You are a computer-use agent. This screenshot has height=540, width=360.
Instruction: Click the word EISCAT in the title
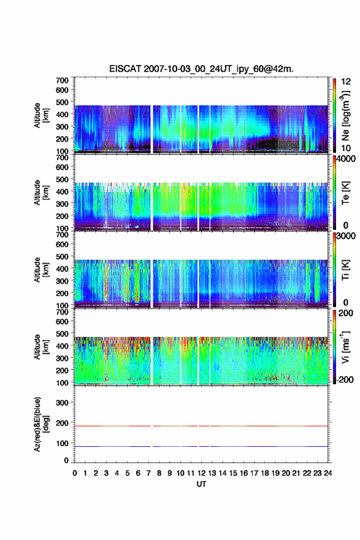click(125, 69)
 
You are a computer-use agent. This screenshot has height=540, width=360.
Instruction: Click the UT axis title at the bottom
click(201, 484)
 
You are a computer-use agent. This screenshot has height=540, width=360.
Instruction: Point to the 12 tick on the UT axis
click(201, 473)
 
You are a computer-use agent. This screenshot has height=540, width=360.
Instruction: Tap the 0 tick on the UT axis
click(75, 473)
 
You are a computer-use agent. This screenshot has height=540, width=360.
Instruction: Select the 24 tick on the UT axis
click(327, 473)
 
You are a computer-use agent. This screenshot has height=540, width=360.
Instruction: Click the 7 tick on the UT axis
click(148, 473)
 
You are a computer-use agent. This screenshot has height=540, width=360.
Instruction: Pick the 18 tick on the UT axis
click(265, 473)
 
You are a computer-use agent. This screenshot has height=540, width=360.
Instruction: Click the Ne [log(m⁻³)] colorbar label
click(345, 116)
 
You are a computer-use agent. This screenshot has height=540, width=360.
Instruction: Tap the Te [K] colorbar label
click(345, 193)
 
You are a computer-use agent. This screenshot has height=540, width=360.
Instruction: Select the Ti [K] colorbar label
click(345, 270)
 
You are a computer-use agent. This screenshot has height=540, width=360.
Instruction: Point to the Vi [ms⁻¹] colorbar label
click(345, 347)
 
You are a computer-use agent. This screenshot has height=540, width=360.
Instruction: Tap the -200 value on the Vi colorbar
click(344, 379)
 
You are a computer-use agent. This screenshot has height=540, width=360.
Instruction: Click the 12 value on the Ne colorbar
click(346, 82)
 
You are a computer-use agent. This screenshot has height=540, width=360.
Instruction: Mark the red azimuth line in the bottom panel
click(201, 426)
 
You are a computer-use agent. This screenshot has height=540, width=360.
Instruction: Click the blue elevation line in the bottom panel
click(201, 446)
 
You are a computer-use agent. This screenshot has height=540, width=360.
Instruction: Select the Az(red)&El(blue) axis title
click(40, 424)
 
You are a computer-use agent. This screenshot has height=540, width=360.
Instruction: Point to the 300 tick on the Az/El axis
click(62, 403)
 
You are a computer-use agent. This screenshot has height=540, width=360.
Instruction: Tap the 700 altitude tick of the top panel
click(62, 80)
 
